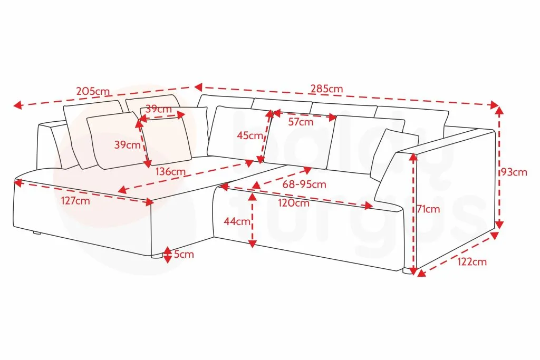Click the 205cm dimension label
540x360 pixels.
[93, 91]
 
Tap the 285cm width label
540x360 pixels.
[327, 89]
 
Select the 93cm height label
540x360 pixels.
[514, 172]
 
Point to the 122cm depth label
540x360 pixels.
[472, 262]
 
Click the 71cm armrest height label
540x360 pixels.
[428, 209]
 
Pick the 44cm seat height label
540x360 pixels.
[237, 221]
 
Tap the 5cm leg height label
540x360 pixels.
[184, 255]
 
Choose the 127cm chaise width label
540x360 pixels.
[76, 201]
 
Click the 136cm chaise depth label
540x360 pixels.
[170, 171]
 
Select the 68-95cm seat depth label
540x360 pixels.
[304, 184]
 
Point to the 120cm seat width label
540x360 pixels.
[294, 203]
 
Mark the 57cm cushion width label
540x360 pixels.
[301, 122]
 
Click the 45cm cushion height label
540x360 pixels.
[249, 135]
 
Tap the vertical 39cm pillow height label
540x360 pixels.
[128, 144]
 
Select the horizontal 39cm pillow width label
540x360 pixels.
[158, 109]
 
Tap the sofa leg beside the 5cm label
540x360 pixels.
[157, 256]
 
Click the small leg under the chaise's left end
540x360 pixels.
[37, 233]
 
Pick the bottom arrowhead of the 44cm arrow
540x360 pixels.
[253, 244]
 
